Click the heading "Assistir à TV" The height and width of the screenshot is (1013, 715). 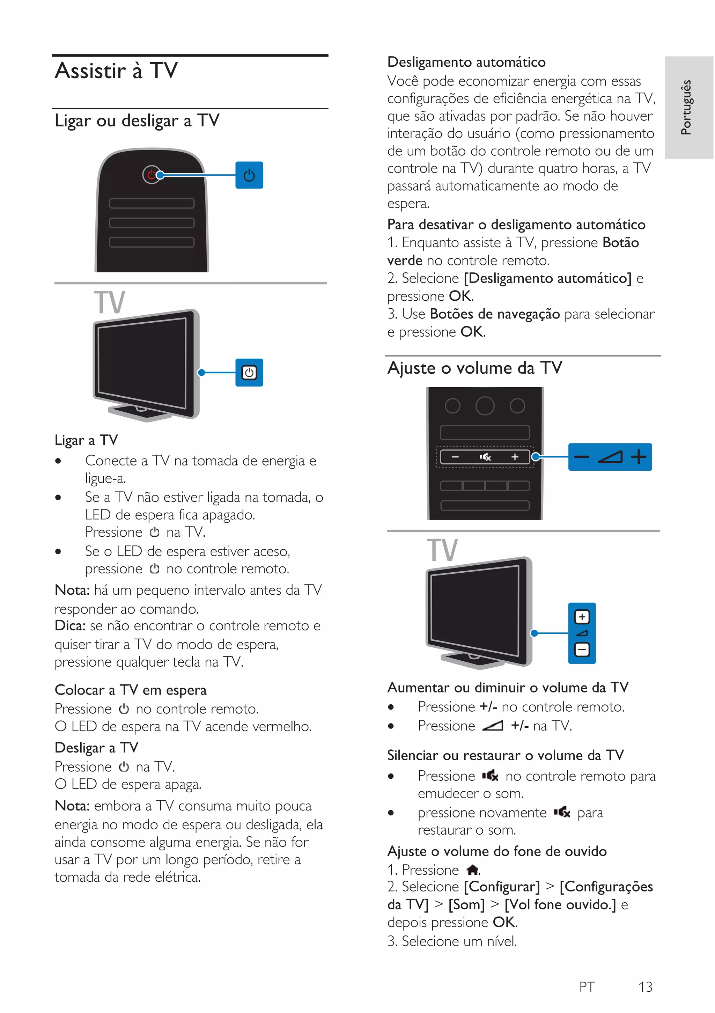click(x=116, y=71)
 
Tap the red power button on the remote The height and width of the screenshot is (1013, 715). click(x=151, y=175)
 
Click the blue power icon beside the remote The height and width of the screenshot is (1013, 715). click(x=249, y=175)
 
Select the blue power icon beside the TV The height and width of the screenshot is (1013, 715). click(x=249, y=373)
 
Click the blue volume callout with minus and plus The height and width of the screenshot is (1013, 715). click(x=610, y=457)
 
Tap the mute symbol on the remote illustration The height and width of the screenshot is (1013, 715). click(x=485, y=457)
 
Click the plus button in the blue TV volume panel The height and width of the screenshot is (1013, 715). click(x=582, y=617)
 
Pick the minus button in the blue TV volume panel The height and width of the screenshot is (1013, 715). click(x=582, y=649)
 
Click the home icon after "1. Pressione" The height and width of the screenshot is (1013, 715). click(x=472, y=870)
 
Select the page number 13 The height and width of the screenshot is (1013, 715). click(x=645, y=986)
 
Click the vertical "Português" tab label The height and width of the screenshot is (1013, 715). click(x=686, y=107)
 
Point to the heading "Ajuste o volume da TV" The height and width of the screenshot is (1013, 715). click(x=474, y=368)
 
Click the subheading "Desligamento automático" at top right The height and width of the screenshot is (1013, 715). click(x=466, y=62)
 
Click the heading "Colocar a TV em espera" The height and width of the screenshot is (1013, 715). click(x=131, y=690)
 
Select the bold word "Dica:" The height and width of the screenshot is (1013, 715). click(x=70, y=626)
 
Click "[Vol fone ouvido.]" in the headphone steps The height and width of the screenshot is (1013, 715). click(x=560, y=905)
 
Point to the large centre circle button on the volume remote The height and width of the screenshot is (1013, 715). click(x=485, y=405)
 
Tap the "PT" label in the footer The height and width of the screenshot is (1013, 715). click(x=587, y=986)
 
